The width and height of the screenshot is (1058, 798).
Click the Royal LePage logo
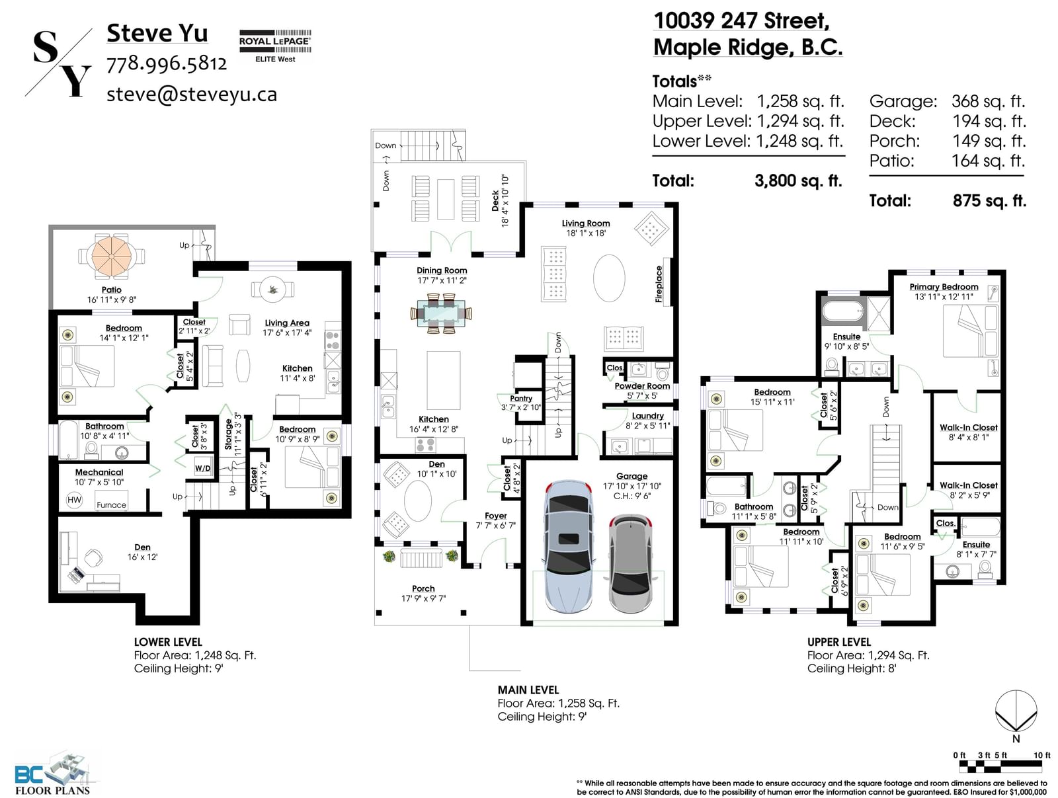pos(274,46)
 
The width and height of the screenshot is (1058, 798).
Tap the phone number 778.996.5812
pos(166,63)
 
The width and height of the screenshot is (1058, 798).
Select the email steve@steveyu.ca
pos(192,94)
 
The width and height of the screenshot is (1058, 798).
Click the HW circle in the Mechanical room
pos(74,500)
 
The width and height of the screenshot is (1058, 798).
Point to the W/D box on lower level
pos(202,468)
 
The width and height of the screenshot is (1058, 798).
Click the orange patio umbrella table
pos(111,255)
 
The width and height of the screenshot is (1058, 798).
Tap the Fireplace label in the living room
pos(659,284)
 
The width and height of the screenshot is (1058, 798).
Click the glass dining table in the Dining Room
pos(441,312)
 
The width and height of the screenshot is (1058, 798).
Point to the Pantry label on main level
pos(520,399)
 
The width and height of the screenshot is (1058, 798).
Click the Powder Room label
pos(642,386)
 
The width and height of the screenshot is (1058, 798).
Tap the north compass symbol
pos(1016,712)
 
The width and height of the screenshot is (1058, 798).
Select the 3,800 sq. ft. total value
pos(798,181)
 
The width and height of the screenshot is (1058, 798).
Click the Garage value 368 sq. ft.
pos(988,102)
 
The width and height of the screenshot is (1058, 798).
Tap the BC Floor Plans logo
pos(53,772)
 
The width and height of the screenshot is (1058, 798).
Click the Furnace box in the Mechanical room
pos(111,500)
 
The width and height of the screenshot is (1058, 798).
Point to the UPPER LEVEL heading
pos(839,642)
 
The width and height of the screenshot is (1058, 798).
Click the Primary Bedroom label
pos(944,287)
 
